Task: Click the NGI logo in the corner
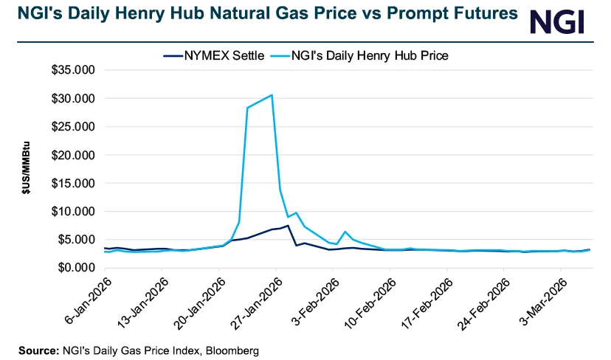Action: [x=557, y=21]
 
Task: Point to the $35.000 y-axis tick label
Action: [x=75, y=70]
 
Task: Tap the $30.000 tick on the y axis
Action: [x=75, y=98]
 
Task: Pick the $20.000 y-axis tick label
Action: [x=75, y=155]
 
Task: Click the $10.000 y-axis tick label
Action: [x=75, y=212]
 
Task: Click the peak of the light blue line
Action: [x=272, y=94]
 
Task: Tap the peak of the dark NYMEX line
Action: [x=287, y=226]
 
